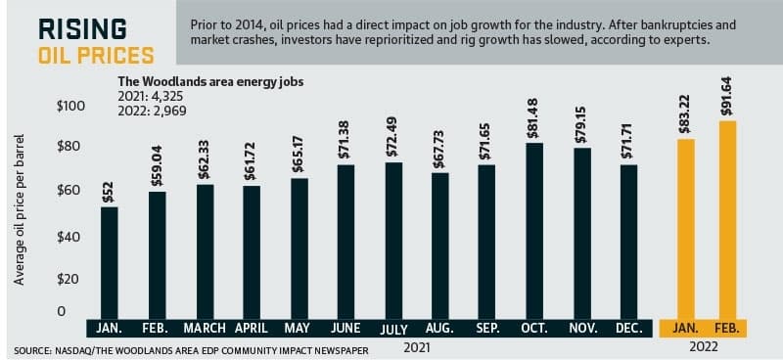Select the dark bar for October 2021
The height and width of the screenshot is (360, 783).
(534, 231)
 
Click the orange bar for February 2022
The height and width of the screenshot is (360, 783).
(727, 220)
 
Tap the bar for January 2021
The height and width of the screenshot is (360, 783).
(110, 263)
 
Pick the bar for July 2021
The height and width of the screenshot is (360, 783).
(393, 241)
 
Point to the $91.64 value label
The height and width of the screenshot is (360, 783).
(726, 97)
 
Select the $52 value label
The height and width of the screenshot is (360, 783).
(109, 193)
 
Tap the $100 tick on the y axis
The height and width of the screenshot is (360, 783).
(70, 107)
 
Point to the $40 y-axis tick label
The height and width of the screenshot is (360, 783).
(68, 237)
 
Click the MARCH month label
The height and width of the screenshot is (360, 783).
(205, 328)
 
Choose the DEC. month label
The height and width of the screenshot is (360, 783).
(628, 328)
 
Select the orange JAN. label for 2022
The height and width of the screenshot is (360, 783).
(686, 328)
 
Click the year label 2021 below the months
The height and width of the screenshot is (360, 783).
(417, 347)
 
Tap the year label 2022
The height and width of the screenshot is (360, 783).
(704, 347)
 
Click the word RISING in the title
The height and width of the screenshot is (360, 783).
(82, 29)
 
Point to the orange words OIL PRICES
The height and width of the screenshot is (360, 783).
(96, 55)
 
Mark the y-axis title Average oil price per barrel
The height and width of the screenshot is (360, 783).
(19, 209)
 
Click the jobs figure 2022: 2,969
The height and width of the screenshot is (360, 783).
(152, 111)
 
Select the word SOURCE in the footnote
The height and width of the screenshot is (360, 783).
(30, 351)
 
